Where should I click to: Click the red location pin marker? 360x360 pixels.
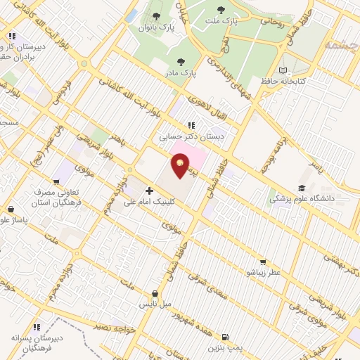click(181, 167)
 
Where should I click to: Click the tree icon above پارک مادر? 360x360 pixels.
click(181, 62)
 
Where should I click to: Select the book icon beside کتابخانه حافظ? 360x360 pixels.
click(283, 70)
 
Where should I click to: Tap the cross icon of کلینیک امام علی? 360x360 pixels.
click(149, 190)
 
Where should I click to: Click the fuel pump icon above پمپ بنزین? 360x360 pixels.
click(226, 337)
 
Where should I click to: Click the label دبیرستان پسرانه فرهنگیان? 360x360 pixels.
click(37, 342)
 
